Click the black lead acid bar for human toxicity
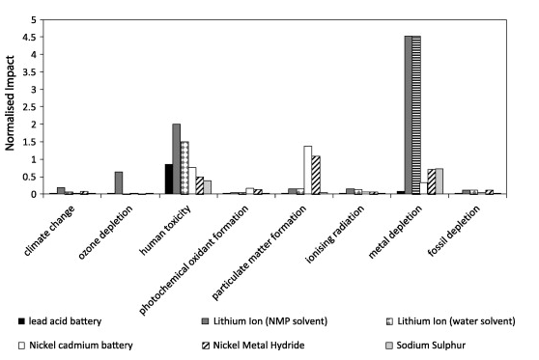point(169,180)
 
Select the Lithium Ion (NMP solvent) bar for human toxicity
point(177,159)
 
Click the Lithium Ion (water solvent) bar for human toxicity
point(184,168)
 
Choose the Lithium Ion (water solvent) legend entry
point(448,318)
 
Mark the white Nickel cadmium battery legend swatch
point(21,344)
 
